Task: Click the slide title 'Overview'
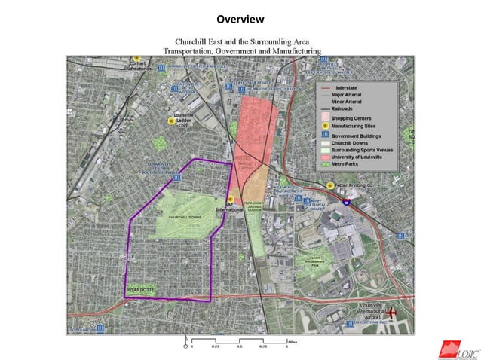tap(240, 18)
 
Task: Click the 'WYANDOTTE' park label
tap(140, 288)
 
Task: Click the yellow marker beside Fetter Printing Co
tap(330, 185)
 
